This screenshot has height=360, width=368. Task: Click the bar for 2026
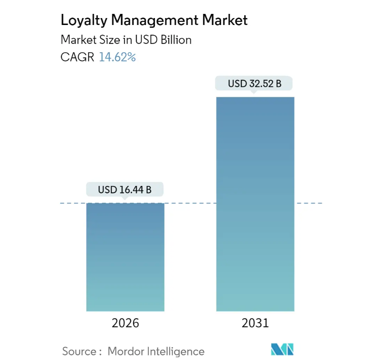tap(125, 257)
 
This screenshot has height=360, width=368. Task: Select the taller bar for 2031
tap(255, 204)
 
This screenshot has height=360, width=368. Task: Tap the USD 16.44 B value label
tap(125, 190)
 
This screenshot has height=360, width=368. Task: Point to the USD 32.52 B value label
tap(255, 84)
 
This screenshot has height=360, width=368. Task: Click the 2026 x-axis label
tap(125, 323)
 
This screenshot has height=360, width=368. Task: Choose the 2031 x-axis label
tap(255, 323)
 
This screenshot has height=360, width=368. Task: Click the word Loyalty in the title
tap(82, 20)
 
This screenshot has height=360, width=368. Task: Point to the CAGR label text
tap(77, 58)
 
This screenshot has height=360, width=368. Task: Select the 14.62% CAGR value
tap(117, 58)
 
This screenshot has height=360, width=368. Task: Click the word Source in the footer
tap(79, 351)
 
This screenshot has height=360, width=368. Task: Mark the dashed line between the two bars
tap(190, 203)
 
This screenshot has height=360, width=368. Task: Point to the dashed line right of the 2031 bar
tap(308, 203)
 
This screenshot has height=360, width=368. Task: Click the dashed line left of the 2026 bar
tap(73, 203)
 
